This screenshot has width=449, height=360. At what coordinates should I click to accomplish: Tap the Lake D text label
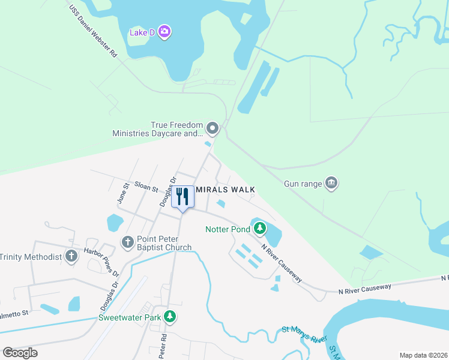coord(142,32)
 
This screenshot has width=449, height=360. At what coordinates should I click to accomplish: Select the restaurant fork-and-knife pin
coord(183,196)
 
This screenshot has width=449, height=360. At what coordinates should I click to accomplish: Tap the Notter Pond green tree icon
coord(259,229)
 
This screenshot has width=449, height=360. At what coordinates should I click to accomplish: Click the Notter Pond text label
coord(228,229)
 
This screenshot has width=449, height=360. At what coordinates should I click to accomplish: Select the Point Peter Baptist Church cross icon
coord(127,242)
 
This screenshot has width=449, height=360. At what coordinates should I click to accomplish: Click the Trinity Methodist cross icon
coord(71,257)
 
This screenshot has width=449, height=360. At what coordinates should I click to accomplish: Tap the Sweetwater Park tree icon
coord(170,315)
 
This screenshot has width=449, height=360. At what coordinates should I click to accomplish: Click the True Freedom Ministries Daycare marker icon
coord(212,128)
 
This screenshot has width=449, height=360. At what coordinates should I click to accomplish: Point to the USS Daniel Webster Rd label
coord(93,32)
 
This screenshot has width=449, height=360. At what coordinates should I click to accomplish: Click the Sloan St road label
coord(146,188)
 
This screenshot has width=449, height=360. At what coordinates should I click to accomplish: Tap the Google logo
coord(20,352)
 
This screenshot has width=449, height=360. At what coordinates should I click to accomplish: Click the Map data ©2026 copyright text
coord(423,355)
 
